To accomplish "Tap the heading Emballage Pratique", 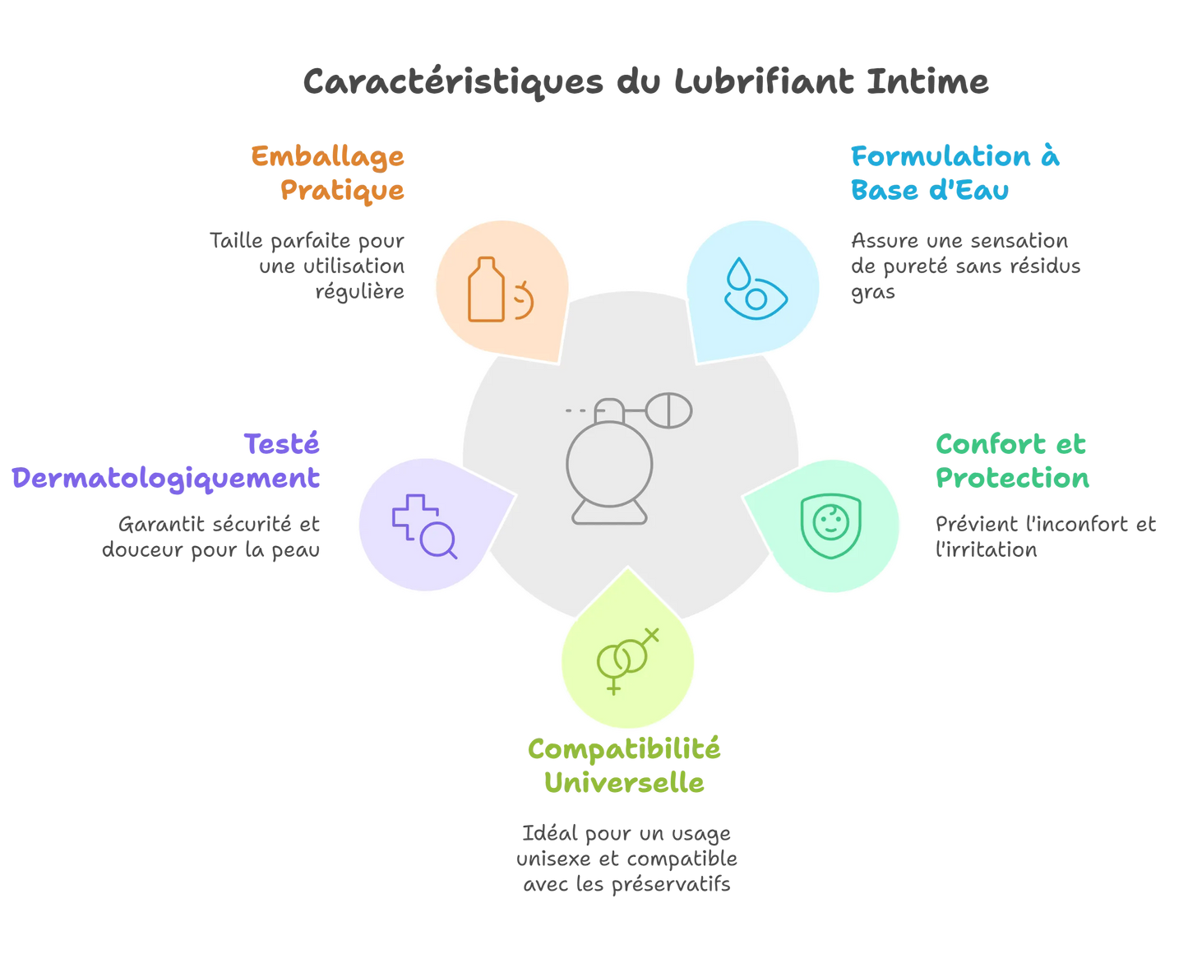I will coord(329,173).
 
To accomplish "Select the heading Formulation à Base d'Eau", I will coord(954,173).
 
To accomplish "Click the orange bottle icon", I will coord(487,289).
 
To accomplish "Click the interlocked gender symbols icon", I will coord(627,660).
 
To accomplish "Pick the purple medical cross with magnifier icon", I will coord(424,526).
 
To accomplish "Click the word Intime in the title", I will coord(928,81).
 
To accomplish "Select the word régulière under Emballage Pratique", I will coord(360,292).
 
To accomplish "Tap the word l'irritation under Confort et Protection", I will coord(986,549).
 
